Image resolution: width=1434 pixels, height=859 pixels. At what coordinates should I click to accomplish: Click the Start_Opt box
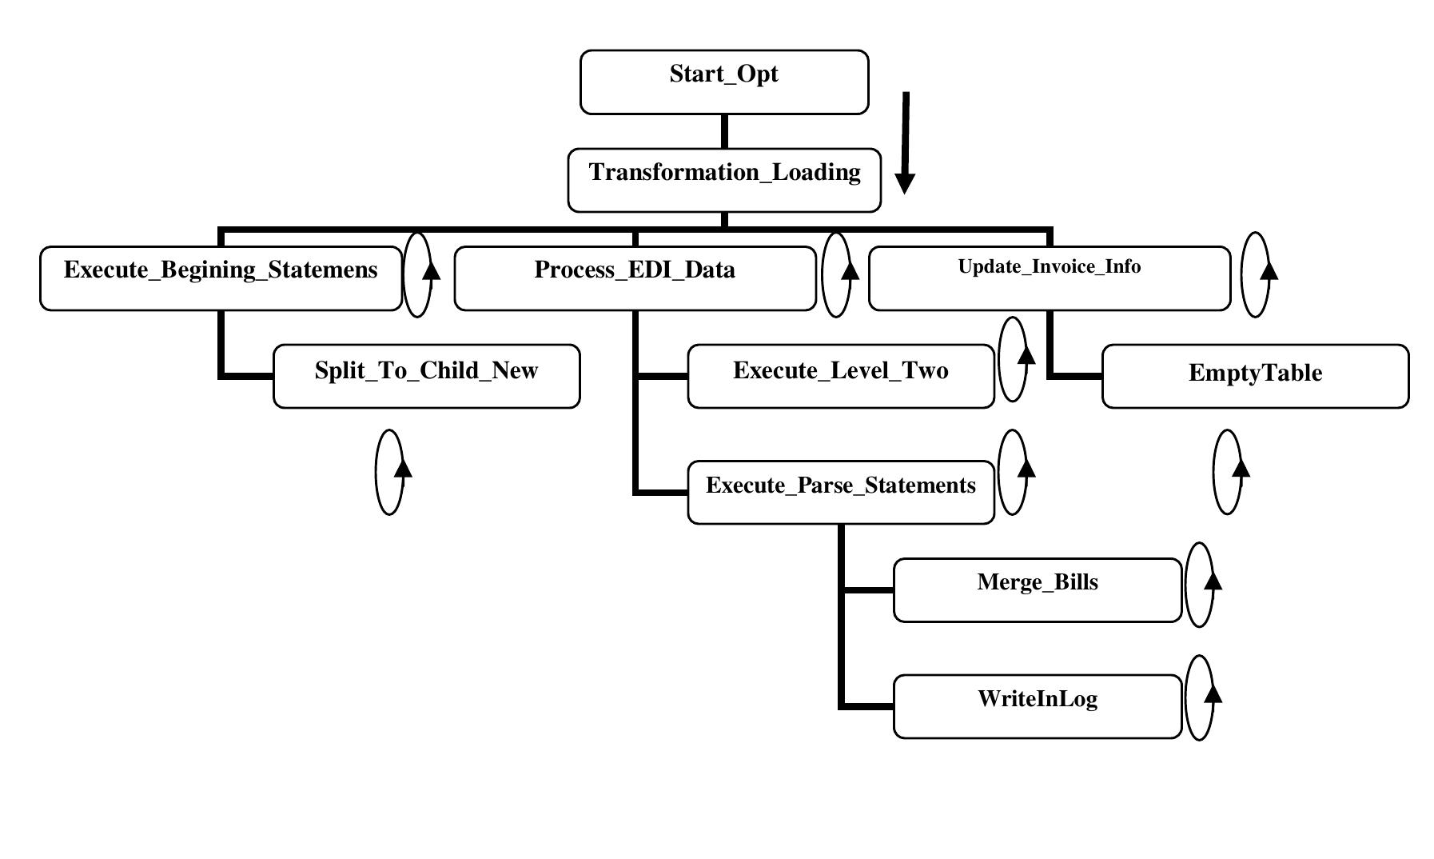coord(723,82)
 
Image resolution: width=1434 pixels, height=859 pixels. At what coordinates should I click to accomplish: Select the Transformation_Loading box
coord(723,180)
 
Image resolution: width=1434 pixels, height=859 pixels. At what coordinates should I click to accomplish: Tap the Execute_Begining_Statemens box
coord(221,278)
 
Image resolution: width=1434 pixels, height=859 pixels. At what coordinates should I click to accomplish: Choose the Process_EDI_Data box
coord(635,278)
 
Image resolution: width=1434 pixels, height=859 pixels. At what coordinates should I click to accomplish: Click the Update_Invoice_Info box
coord(1049,278)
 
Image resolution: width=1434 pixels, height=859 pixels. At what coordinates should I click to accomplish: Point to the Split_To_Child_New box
coord(426,377)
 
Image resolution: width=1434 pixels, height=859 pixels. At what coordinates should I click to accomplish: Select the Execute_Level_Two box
coord(840,377)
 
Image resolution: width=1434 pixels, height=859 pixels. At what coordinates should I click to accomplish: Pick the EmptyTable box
coord(1255,377)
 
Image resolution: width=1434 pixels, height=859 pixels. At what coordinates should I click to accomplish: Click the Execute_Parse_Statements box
coord(840,492)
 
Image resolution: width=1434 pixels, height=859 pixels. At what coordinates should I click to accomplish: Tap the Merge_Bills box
coord(1037,590)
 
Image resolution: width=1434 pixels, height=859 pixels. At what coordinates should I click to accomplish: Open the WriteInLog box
coord(1037,706)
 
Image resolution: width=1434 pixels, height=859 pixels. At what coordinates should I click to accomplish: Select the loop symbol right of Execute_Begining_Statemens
coord(419,275)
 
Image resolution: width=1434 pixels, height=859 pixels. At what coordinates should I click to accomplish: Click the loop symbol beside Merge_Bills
coord(1201,585)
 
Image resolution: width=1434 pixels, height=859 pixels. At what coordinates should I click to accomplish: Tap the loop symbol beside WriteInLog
coord(1201,698)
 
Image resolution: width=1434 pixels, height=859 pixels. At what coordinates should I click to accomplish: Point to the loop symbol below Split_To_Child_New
coord(390,473)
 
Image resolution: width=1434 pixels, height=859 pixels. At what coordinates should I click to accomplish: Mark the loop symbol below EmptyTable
coord(1229,473)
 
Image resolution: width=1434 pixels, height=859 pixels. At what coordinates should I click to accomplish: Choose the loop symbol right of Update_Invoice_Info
coord(1257,275)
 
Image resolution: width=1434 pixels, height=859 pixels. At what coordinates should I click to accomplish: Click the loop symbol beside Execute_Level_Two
coord(1014,359)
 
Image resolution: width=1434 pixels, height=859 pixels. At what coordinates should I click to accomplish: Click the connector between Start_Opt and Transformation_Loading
coord(724,131)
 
